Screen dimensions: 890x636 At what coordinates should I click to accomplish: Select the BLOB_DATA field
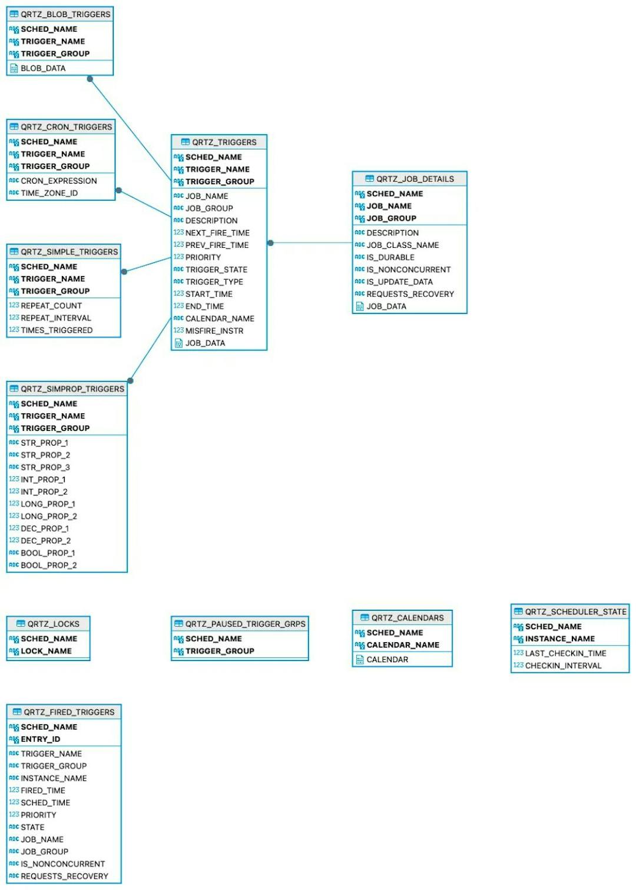[x=43, y=68]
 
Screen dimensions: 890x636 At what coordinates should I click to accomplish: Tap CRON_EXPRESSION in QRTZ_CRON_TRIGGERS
[x=58, y=181]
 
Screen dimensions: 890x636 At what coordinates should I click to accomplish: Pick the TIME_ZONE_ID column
[x=49, y=193]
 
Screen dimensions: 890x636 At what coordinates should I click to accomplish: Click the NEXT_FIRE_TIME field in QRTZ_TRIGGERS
[x=217, y=233]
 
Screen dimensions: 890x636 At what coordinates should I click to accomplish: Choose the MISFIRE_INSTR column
[x=214, y=331]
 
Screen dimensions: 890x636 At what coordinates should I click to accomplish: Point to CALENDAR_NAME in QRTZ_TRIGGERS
[x=220, y=318]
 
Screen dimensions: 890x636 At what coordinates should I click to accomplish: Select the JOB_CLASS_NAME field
[x=402, y=245]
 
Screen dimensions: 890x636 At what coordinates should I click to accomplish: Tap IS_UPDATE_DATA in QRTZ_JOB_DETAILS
[x=399, y=282]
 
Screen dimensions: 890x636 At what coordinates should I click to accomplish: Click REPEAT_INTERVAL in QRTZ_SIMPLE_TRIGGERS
[x=56, y=318]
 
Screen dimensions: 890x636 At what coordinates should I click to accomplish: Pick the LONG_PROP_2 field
[x=48, y=516]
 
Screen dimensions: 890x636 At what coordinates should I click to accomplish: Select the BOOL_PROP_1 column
[x=48, y=553]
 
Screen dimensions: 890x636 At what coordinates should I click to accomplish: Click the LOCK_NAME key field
[x=46, y=651]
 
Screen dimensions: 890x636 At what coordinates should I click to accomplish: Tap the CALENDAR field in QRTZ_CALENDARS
[x=387, y=660]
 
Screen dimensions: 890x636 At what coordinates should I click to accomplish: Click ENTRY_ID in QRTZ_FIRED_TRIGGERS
[x=40, y=739]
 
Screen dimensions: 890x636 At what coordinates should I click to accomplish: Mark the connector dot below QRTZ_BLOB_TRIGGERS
[x=90, y=79]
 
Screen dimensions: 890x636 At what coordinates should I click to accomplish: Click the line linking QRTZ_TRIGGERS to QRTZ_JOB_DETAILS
[x=312, y=243]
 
